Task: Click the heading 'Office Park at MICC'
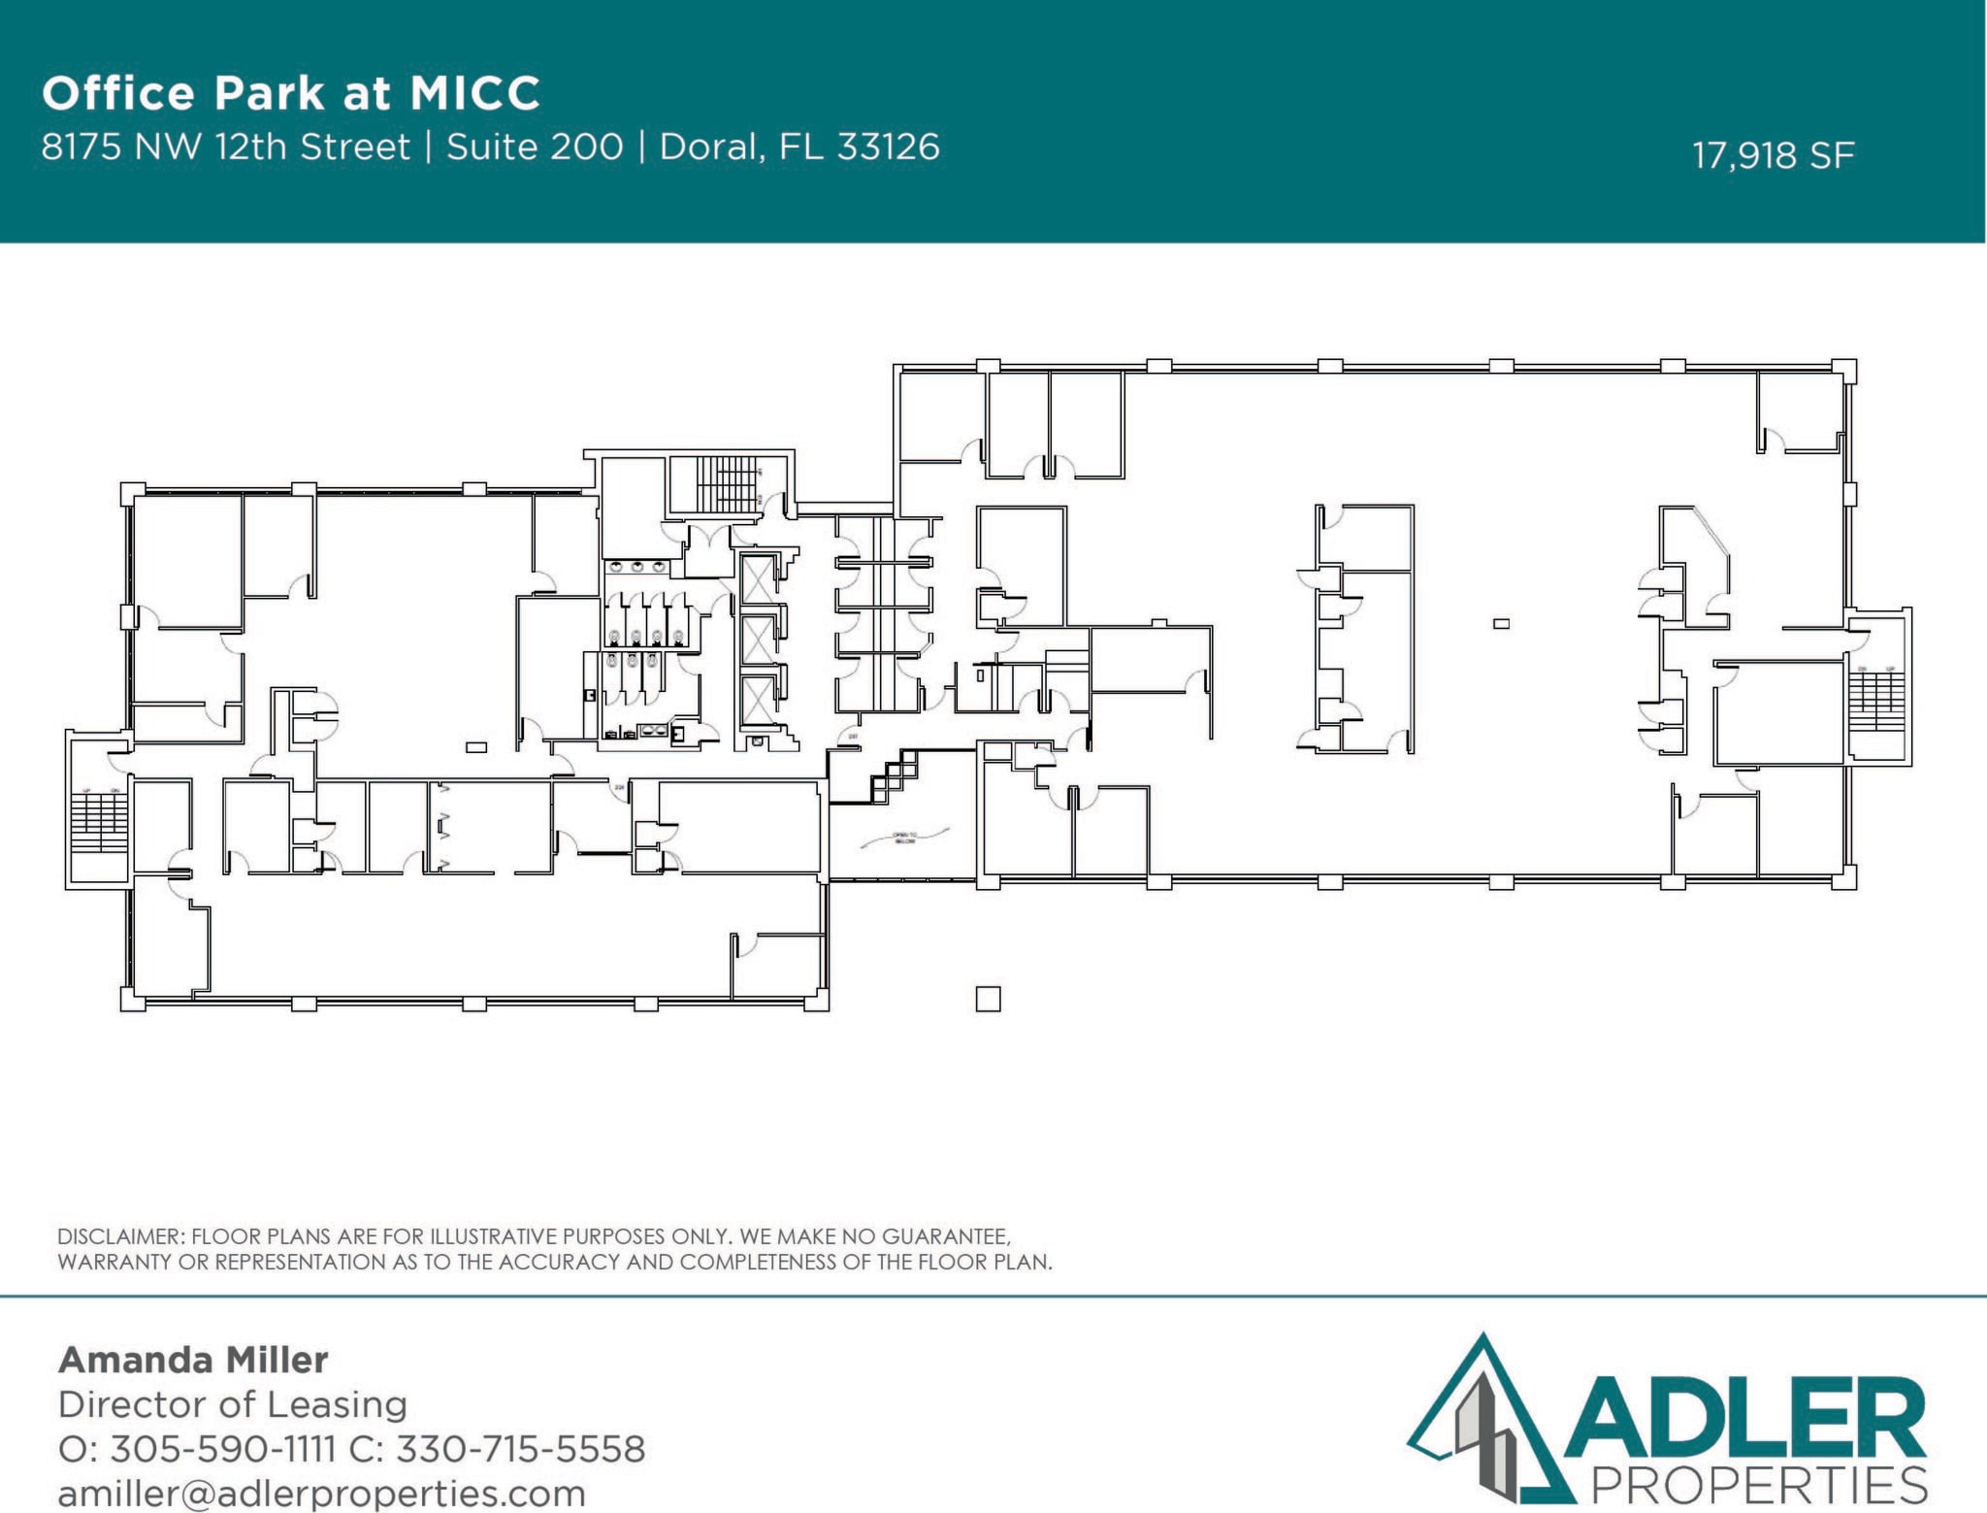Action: point(290,93)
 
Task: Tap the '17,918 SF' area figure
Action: point(1773,155)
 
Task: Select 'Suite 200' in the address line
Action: point(534,147)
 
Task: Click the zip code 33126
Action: point(888,147)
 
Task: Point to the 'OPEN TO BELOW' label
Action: point(904,838)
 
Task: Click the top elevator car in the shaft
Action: point(758,577)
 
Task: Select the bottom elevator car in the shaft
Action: point(758,701)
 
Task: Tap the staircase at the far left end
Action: point(99,823)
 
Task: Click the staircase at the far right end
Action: point(1876,700)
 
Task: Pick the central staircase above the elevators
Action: point(728,482)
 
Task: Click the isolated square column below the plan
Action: point(988,999)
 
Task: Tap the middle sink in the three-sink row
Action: point(637,567)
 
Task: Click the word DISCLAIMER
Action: point(119,1236)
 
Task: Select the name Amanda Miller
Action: point(193,1360)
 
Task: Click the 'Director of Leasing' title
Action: point(232,1404)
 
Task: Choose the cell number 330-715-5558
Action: point(520,1449)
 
